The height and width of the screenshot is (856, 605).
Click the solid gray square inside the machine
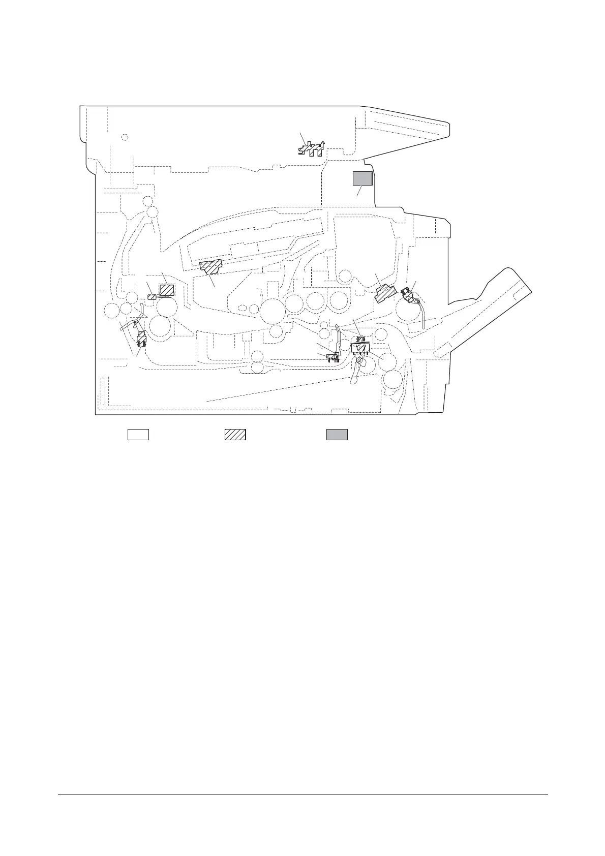[x=362, y=178]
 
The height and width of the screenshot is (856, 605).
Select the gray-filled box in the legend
[x=337, y=435]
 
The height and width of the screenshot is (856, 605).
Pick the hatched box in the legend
[x=235, y=435]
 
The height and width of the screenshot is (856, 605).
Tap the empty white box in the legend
[x=138, y=435]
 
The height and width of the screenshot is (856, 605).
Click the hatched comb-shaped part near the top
[x=311, y=149]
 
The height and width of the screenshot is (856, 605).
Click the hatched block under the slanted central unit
[x=210, y=266]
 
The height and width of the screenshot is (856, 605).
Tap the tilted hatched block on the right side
[x=386, y=293]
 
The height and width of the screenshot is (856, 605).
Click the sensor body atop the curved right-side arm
[x=408, y=294]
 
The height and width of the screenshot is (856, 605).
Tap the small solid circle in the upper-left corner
[x=125, y=137]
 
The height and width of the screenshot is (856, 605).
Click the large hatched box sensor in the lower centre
[x=360, y=348]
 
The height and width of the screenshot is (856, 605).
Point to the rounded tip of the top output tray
[x=447, y=129]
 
